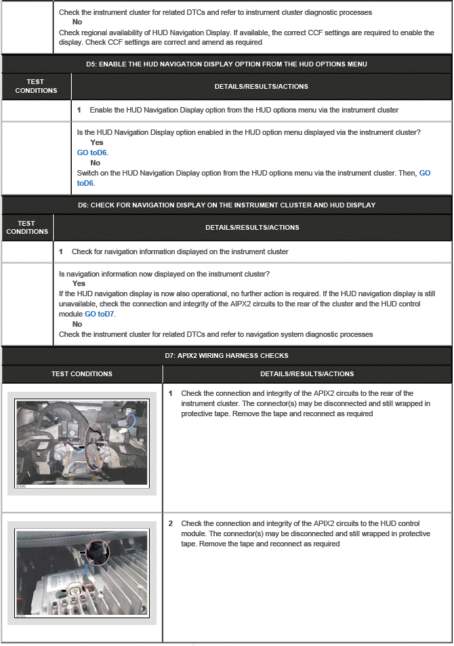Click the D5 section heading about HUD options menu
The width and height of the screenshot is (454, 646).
point(226,64)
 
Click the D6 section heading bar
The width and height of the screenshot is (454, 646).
point(226,205)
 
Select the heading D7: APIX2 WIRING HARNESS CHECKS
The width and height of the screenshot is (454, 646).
point(226,355)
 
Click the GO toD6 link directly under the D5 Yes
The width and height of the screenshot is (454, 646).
point(92,153)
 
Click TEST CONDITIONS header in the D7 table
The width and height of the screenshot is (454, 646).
point(82,374)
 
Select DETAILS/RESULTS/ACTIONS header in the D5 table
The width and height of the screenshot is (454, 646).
point(261,86)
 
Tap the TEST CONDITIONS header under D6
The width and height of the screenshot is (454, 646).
point(27,227)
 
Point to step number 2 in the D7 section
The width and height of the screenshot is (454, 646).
point(171,524)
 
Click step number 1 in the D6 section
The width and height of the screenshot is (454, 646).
point(62,252)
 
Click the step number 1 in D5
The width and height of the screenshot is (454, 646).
point(79,110)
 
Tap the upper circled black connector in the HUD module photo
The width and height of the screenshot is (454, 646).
point(96,552)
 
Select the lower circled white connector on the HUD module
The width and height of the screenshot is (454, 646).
point(76,591)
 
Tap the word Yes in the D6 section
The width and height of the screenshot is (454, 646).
point(79,283)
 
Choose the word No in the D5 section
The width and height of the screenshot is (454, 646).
point(95,163)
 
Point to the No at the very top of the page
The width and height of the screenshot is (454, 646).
point(77,22)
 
